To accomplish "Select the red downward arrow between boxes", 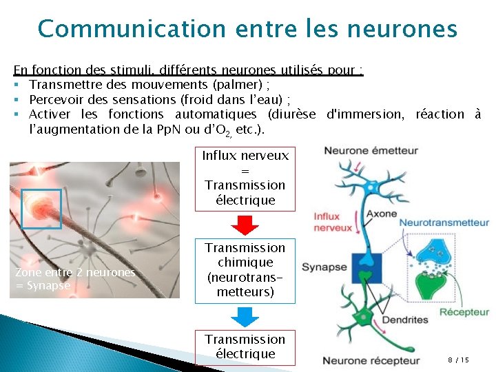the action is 245,225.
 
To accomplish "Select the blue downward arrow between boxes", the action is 245,316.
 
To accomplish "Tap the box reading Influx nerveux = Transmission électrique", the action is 245,178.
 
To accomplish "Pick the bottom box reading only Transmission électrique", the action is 245,347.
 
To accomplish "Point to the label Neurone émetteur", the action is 371,150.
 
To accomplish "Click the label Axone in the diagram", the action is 381,214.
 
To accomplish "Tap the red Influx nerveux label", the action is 332,223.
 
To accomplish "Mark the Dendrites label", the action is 405,319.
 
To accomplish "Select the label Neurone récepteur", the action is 371,360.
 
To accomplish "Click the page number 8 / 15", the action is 458,360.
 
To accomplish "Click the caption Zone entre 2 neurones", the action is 74,272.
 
